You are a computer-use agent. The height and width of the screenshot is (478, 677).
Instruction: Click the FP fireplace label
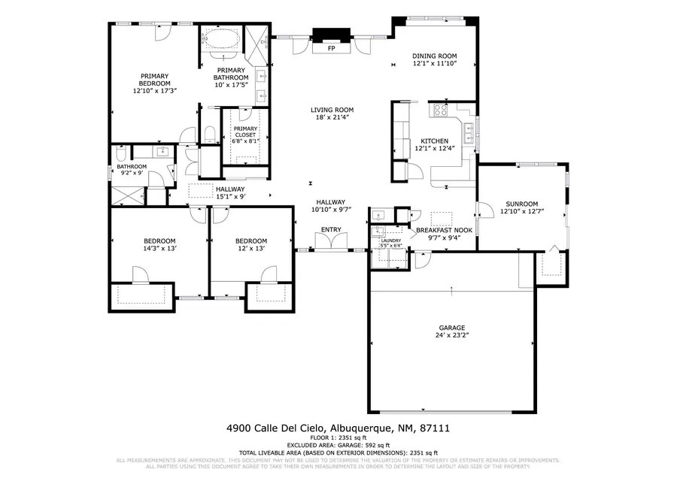[x=331, y=48]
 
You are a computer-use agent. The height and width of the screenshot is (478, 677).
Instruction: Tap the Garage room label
[x=452, y=328]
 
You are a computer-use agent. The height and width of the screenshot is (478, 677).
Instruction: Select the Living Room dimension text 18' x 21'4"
[x=332, y=118]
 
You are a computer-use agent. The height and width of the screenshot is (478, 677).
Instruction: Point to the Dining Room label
[x=435, y=56]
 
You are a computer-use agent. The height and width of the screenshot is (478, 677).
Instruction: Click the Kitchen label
[x=434, y=141]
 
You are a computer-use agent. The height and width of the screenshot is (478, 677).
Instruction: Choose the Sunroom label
[x=521, y=204]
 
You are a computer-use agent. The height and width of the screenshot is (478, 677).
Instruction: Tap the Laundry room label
[x=390, y=240]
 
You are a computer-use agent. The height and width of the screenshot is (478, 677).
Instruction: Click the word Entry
[x=331, y=229]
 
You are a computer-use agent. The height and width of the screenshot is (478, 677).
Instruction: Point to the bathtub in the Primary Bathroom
[x=221, y=39]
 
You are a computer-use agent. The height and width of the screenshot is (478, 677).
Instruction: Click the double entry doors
[x=331, y=242]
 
